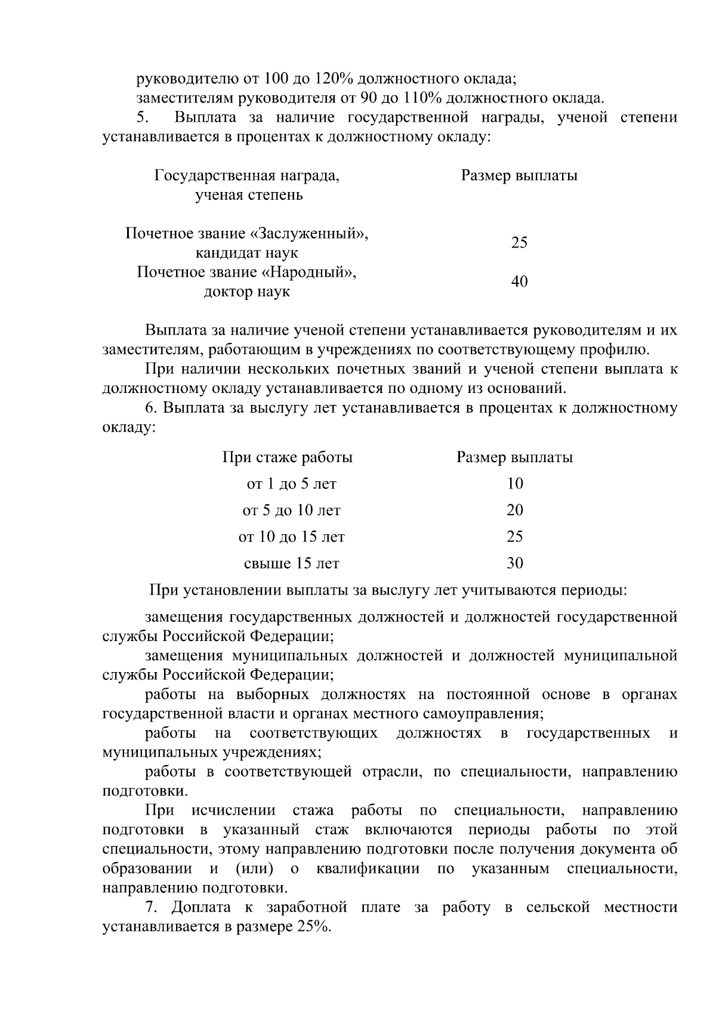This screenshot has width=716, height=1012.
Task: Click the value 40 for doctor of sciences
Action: click(519, 281)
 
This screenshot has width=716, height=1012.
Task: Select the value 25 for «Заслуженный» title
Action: click(519, 243)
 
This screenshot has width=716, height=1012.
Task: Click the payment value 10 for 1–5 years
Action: click(514, 484)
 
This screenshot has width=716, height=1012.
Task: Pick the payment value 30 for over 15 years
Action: click(514, 563)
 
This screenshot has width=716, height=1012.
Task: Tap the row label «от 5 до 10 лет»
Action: click(291, 510)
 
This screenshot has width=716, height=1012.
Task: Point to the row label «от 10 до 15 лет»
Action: click(291, 537)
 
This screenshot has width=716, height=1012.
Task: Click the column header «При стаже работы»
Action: click(288, 457)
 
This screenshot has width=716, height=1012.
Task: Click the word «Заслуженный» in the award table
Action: click(315, 233)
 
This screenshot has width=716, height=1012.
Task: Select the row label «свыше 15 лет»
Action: click(291, 563)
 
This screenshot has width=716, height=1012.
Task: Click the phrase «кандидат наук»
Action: click(246, 253)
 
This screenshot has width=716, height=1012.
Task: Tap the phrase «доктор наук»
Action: click(246, 292)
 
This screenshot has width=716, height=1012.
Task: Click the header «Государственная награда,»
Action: click(246, 175)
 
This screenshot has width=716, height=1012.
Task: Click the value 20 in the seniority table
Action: click(514, 510)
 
